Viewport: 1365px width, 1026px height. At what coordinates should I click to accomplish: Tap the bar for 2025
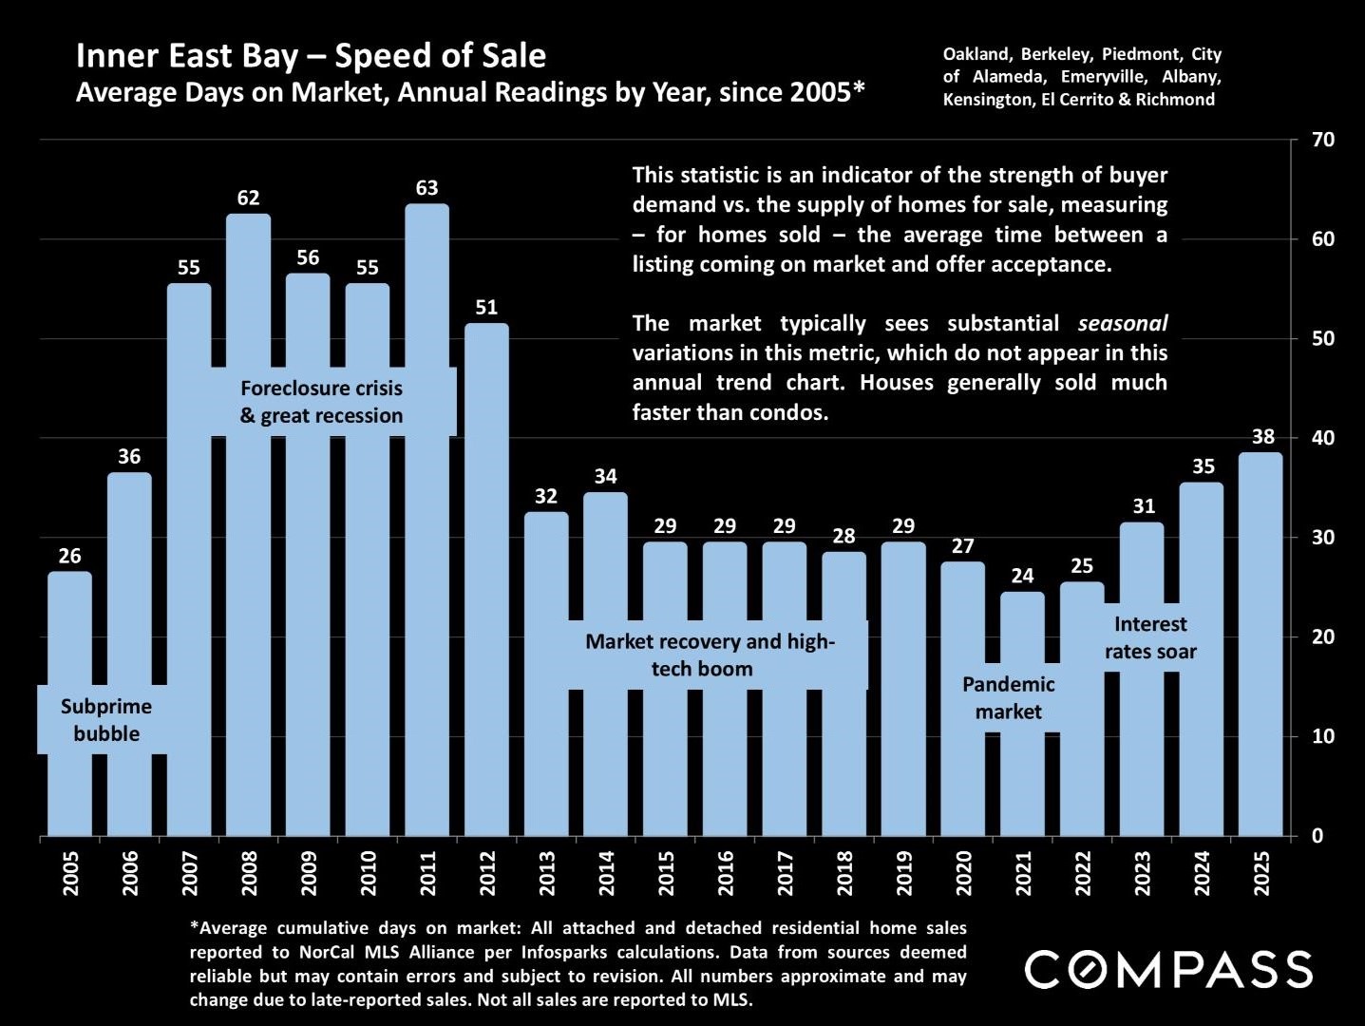pyautogui.click(x=1261, y=646)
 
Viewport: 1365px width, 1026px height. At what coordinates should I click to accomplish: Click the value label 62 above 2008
pyautogui.click(x=248, y=198)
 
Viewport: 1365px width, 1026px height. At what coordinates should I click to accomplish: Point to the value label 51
pyautogui.click(x=486, y=307)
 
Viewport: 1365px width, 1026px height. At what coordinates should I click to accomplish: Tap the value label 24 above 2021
pyautogui.click(x=1022, y=576)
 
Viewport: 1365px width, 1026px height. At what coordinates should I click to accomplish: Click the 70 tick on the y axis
pyautogui.click(x=1323, y=140)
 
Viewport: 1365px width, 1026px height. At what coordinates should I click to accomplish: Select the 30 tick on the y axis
pyautogui.click(x=1323, y=538)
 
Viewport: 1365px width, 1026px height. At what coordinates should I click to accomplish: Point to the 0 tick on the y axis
pyautogui.click(x=1317, y=836)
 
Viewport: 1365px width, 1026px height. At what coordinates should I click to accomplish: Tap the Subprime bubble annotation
pyautogui.click(x=106, y=720)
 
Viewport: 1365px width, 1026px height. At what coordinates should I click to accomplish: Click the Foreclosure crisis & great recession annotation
pyautogui.click(x=321, y=402)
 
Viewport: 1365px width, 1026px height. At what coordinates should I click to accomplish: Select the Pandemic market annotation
pyautogui.click(x=1008, y=698)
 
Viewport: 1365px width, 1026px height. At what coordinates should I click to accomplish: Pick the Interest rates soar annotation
pyautogui.click(x=1150, y=637)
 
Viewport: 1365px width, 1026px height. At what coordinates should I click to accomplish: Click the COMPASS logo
pyautogui.click(x=1168, y=969)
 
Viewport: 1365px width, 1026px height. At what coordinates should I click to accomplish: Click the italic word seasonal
pyautogui.click(x=1123, y=324)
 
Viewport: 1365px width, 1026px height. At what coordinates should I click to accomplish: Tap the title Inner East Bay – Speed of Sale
pyautogui.click(x=311, y=56)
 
